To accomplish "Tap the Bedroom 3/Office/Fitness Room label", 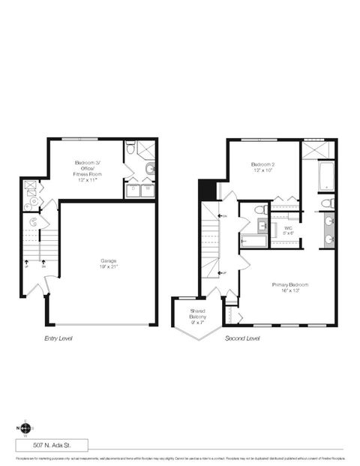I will [x=88, y=169].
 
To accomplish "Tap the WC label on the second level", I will [x=288, y=230].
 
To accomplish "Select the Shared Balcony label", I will [x=198, y=314].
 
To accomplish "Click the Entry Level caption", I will [x=58, y=338].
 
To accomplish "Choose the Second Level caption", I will [x=242, y=338].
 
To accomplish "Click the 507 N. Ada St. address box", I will [x=51, y=444].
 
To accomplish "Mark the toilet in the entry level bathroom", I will [x=130, y=149].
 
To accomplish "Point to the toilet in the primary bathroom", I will [x=328, y=203].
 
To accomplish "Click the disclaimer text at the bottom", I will [x=180, y=457].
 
